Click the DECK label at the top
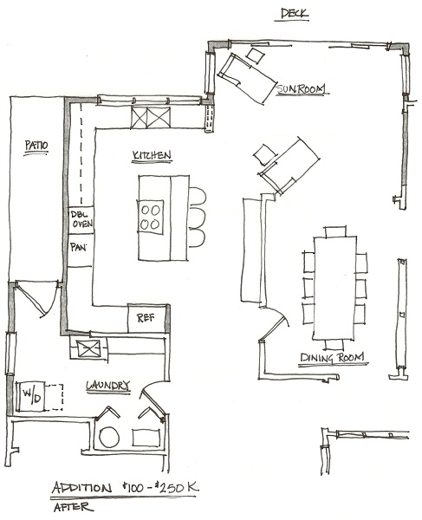295,13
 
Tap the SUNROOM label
301,88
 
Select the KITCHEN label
152,155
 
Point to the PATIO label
36,146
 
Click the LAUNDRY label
107,386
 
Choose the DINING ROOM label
332,357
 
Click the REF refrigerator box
146,318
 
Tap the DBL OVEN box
81,220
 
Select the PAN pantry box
81,250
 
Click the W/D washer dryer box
32,396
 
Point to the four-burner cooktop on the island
151,217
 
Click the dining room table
334,288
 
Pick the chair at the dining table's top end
335,231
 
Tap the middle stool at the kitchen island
198,217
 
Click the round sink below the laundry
109,437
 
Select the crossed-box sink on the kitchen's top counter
151,117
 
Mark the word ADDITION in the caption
81,487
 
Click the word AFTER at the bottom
72,507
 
